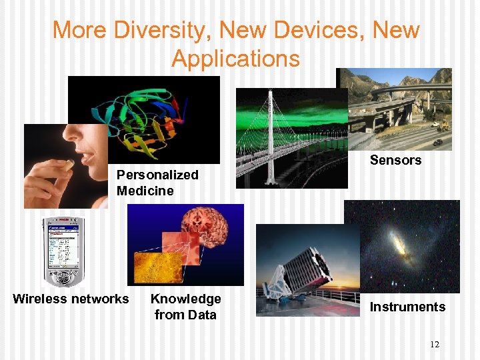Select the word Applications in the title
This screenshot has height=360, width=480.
[236, 59]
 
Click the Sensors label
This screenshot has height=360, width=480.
[395, 160]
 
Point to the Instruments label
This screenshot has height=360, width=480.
[407, 307]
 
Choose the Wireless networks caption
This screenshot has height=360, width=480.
[71, 299]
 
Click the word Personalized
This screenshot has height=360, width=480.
[157, 175]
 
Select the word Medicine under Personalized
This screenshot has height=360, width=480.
[145, 191]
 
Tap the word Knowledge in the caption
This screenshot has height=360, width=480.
[185, 299]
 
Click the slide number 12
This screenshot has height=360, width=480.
[435, 344]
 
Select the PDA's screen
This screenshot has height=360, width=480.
[64, 245]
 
